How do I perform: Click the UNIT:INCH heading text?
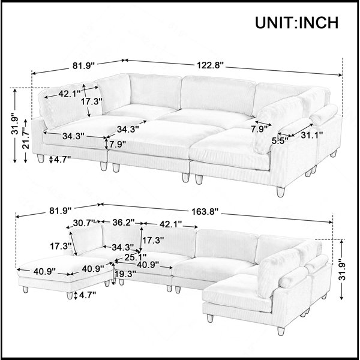point(296,23)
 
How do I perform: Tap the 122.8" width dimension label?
point(211,65)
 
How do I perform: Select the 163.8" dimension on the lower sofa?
point(205,211)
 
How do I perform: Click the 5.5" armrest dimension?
point(280,141)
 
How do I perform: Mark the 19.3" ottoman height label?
point(125,274)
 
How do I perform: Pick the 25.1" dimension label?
point(135,257)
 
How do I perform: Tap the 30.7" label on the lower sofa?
point(84,223)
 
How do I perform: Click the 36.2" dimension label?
point(123,222)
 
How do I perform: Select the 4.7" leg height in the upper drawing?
point(62,159)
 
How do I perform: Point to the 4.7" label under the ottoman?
point(88,295)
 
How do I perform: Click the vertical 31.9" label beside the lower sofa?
point(343,270)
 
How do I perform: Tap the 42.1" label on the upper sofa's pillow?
point(70,94)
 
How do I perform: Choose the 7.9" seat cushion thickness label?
point(118,145)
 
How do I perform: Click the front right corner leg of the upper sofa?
point(281,192)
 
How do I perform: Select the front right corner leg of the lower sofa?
point(281,331)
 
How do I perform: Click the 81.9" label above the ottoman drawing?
point(61,211)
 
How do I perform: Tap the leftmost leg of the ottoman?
point(25,289)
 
